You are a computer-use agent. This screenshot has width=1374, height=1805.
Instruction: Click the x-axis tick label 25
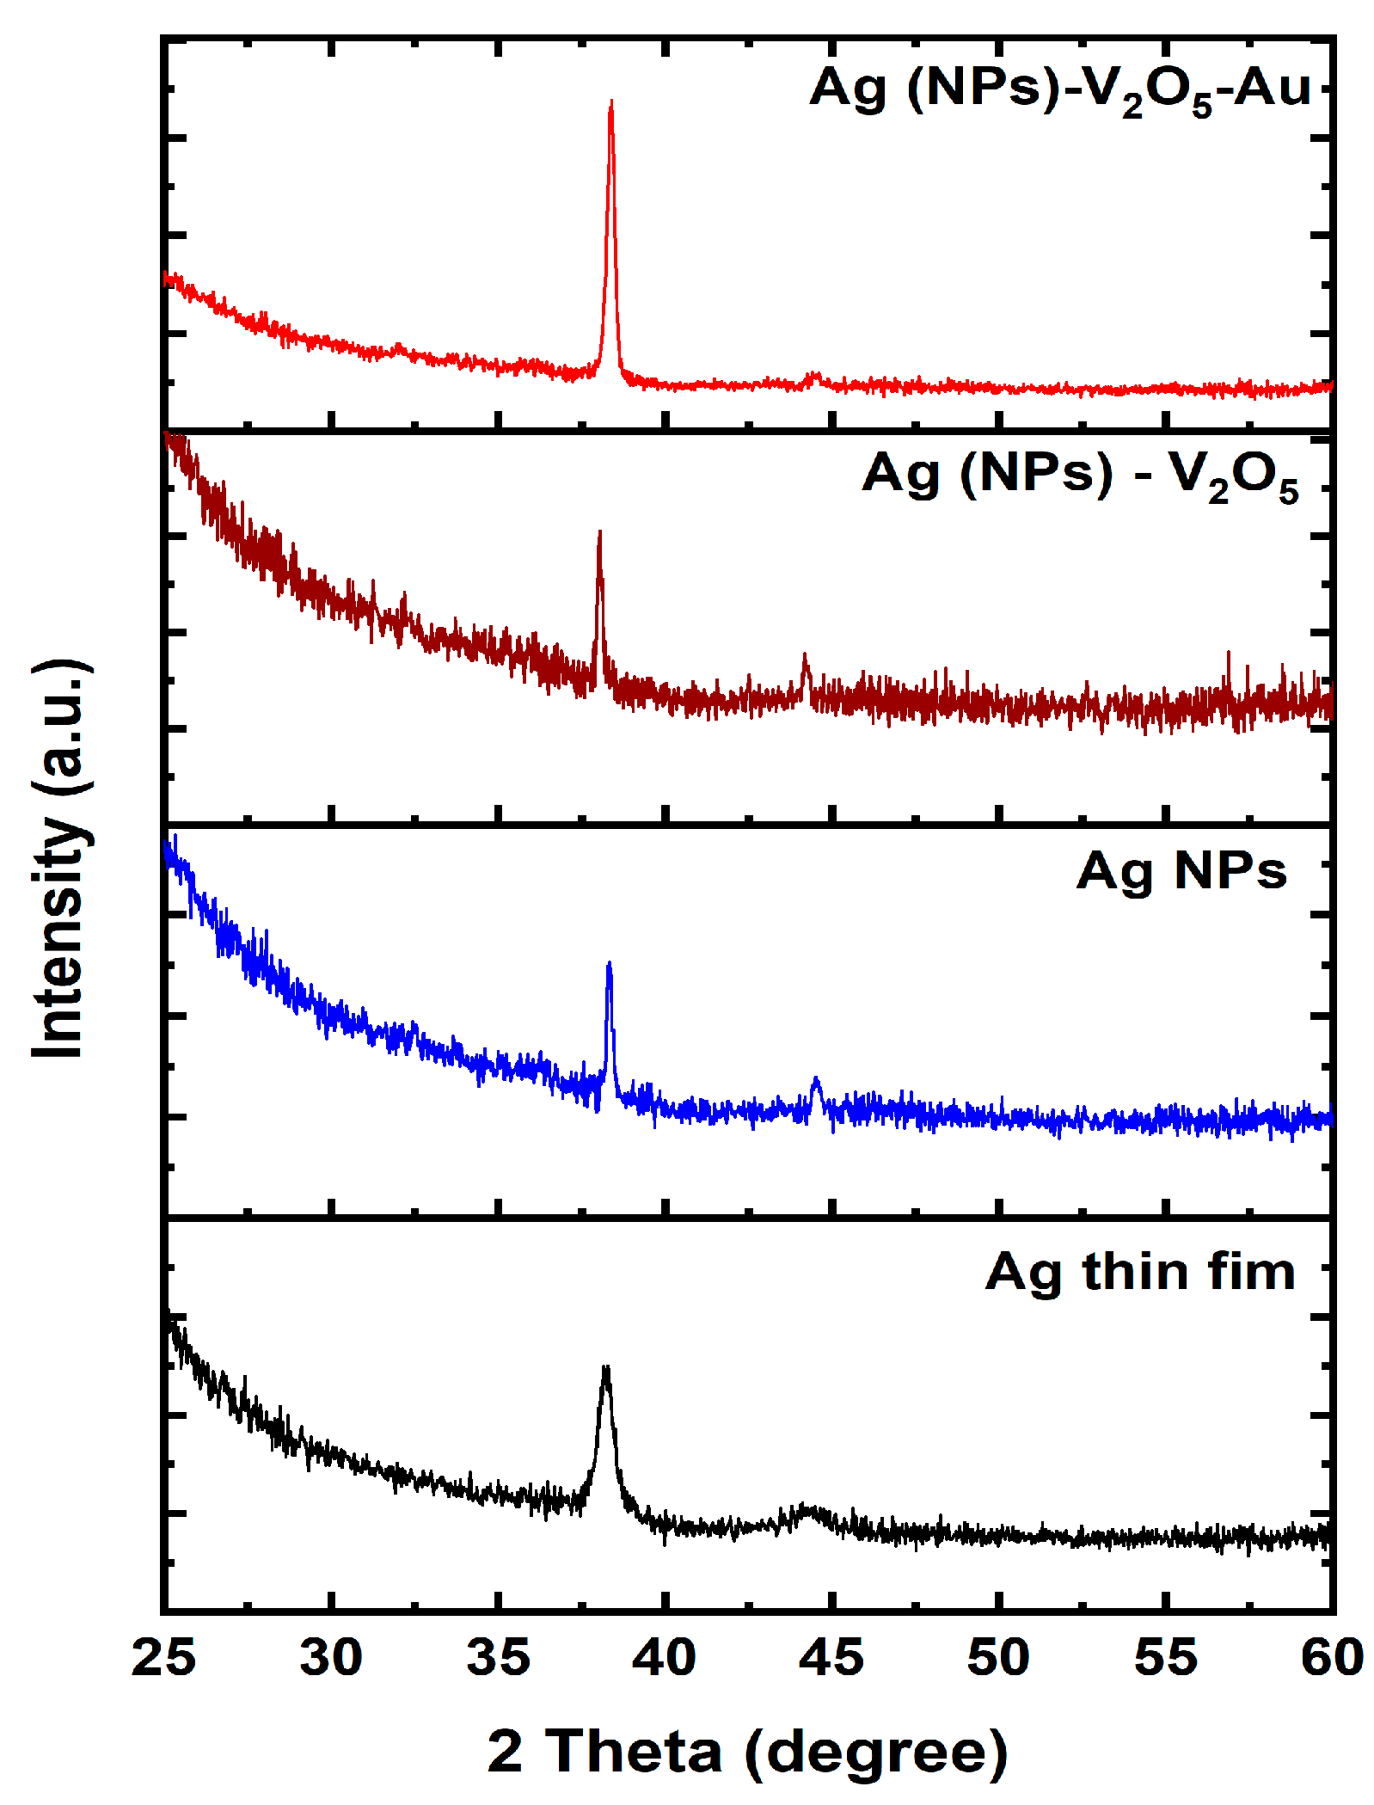pyautogui.click(x=163, y=1658)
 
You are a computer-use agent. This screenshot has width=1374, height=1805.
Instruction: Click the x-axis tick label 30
pyautogui.click(x=331, y=1658)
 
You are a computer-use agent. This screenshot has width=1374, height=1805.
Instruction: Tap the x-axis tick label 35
pyautogui.click(x=498, y=1658)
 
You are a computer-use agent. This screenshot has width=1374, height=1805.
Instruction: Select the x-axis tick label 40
pyautogui.click(x=665, y=1658)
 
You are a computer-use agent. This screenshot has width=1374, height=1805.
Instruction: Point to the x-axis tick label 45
pyautogui.click(x=831, y=1658)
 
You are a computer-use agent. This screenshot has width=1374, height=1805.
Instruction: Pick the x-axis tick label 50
pyautogui.click(x=998, y=1658)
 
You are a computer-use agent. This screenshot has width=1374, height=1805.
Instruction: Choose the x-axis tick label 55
pyautogui.click(x=1165, y=1658)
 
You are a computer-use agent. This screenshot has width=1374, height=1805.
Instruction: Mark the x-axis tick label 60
pyautogui.click(x=1332, y=1658)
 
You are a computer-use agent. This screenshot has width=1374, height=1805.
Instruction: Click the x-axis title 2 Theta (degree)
pyautogui.click(x=747, y=1751)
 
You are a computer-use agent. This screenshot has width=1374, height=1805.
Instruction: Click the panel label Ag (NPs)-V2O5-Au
pyautogui.click(x=1060, y=89)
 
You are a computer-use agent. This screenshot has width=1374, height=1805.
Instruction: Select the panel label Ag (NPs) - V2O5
pyautogui.click(x=1080, y=476)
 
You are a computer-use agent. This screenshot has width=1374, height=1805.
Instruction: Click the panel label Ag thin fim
pyautogui.click(x=1140, y=1272)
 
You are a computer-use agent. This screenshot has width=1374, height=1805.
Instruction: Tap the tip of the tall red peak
pyautogui.click(x=611, y=102)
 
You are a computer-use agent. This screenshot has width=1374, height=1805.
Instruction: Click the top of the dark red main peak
pyautogui.click(x=599, y=533)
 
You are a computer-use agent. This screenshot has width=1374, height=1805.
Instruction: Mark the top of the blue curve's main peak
pyautogui.click(x=610, y=964)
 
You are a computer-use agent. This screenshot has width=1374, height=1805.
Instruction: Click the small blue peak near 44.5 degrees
pyautogui.click(x=816, y=1079)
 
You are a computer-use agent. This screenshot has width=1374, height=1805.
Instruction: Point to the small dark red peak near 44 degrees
pyautogui.click(x=806, y=657)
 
